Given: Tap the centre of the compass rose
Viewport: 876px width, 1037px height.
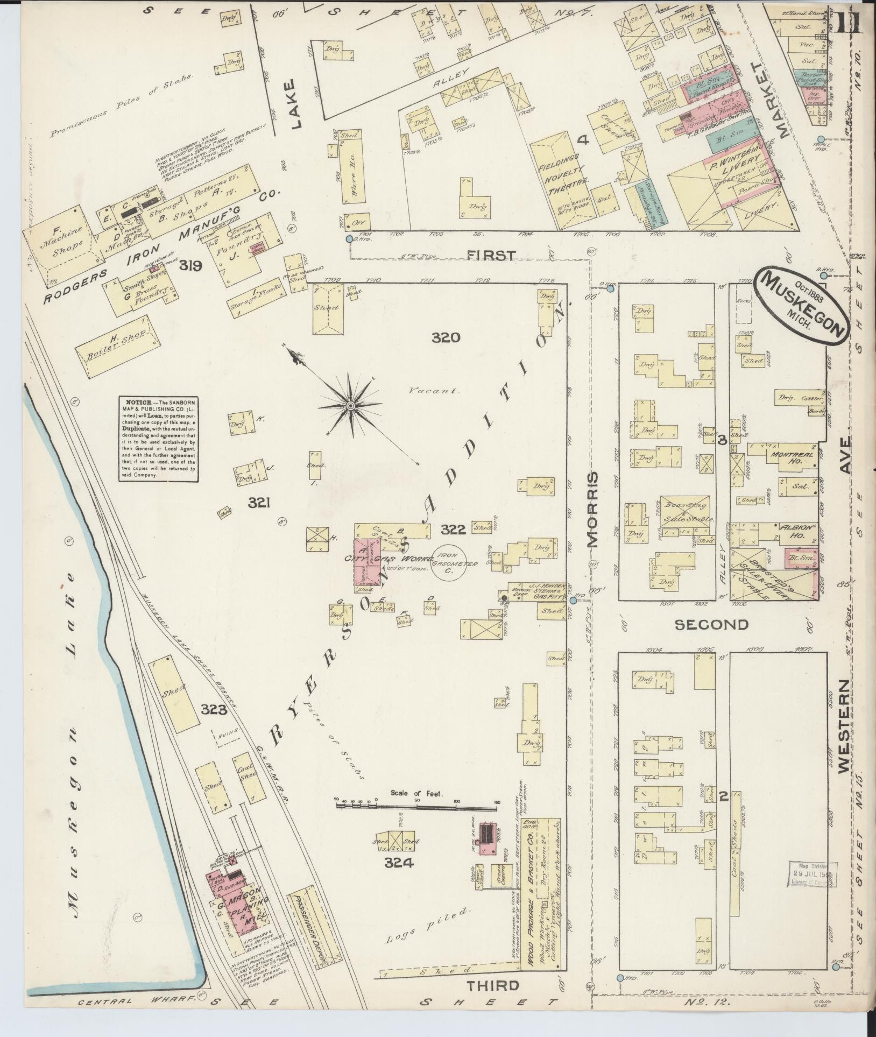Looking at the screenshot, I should tap(350, 405).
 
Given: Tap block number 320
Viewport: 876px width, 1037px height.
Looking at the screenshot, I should tap(446, 338).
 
